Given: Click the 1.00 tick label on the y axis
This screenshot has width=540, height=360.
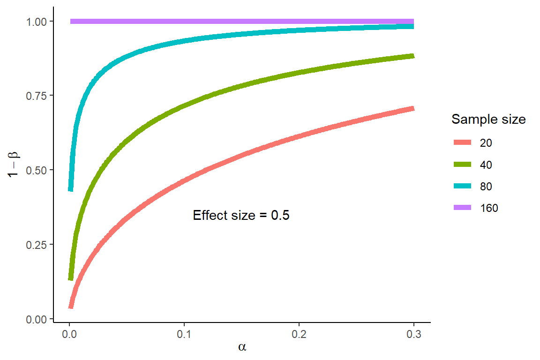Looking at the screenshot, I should tap(38, 22).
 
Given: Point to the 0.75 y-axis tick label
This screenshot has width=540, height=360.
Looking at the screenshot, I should tap(38, 96).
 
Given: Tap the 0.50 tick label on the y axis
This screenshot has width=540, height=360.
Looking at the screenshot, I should tap(38, 170).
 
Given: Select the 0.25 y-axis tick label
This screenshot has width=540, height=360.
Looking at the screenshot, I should tap(38, 245).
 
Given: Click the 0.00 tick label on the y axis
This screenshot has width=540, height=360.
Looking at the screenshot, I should tap(38, 319).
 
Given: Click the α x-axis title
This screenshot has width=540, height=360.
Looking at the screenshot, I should tap(242, 347).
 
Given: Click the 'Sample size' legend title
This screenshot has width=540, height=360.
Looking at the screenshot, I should tap(488, 120).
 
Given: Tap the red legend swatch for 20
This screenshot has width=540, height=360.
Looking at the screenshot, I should tap(462, 143).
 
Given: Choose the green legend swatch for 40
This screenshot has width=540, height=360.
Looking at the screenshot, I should tap(462, 165).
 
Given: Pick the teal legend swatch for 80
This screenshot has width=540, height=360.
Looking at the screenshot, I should tap(462, 186).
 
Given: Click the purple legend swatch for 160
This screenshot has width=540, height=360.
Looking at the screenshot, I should tap(462, 208).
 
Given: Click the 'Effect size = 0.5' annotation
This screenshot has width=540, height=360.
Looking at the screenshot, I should tap(241, 216).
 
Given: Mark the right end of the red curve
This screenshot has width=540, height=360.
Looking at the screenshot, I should tap(413, 108).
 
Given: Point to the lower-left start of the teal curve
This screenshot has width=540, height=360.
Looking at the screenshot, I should tap(71, 188).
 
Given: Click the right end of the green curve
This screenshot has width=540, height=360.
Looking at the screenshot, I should tap(413, 56).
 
